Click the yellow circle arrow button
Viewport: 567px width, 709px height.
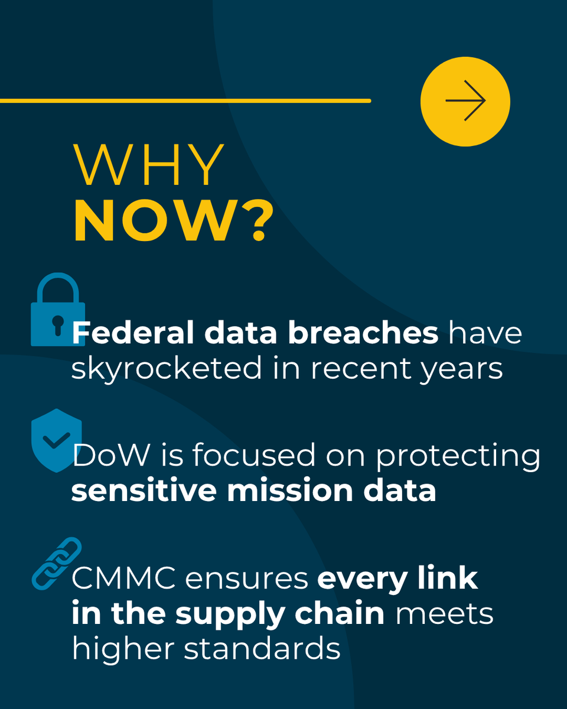pos(465,101)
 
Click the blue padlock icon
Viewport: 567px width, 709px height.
pos(57,311)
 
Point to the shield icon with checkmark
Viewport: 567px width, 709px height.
pos(56,440)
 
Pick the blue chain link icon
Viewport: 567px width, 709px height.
pos(57,563)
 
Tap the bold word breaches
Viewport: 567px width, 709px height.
pos(363,333)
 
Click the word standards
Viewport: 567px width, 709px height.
pos(262,648)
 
